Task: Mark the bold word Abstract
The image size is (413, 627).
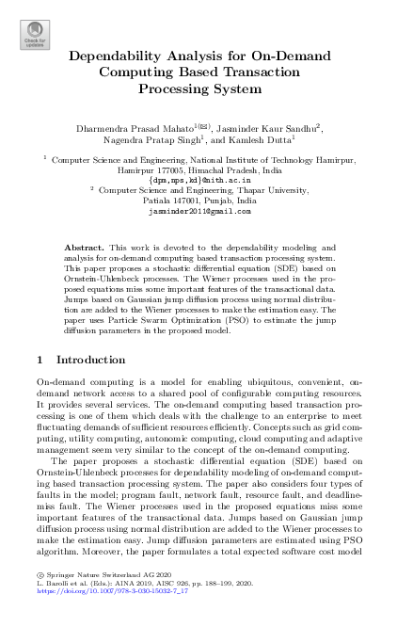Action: [82, 245]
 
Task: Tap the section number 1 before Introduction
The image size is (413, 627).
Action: [38, 359]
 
